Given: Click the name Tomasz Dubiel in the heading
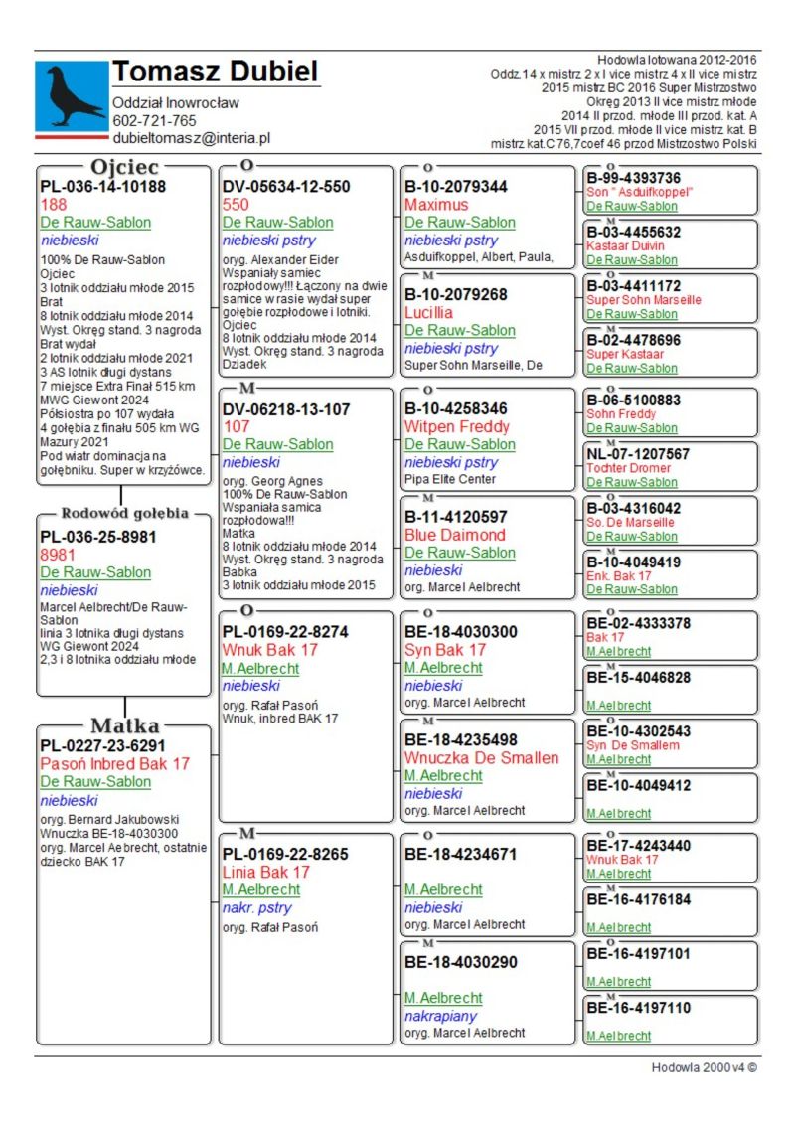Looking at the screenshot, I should pyautogui.click(x=215, y=72).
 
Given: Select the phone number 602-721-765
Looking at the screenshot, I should pyautogui.click(x=154, y=121).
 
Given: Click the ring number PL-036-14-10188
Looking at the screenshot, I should pyautogui.click(x=102, y=186).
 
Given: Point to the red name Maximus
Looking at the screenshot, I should pyautogui.click(x=436, y=205).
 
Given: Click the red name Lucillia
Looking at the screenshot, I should pyautogui.click(x=429, y=312).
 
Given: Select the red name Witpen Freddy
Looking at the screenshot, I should pyautogui.click(x=456, y=426).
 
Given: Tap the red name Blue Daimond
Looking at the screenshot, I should pyautogui.click(x=455, y=535).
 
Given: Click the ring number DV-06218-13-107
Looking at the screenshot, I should pyautogui.click(x=286, y=408).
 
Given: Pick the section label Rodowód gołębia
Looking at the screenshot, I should pyautogui.click(x=124, y=514).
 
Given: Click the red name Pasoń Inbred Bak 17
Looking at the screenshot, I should pyautogui.click(x=115, y=764).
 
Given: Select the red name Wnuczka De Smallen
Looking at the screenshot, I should pyautogui.click(x=481, y=758).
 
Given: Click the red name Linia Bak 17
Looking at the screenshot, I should pyautogui.click(x=266, y=872).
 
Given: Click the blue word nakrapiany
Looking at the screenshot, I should pyautogui.click(x=440, y=1016).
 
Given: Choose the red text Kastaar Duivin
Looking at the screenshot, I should pyautogui.click(x=626, y=245).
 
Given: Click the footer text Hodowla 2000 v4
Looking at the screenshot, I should pyautogui.click(x=699, y=1067).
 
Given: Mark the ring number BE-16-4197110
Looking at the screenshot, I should pyautogui.click(x=638, y=1008).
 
